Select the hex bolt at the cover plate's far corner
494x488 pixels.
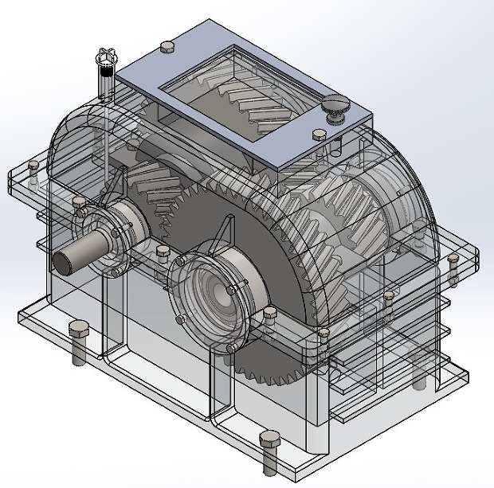[167, 47]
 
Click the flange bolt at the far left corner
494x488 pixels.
[32, 166]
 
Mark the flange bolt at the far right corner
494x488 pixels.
[453, 260]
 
